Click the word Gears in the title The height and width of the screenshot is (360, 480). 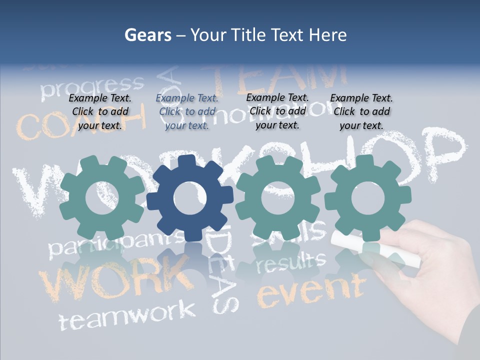point(148,35)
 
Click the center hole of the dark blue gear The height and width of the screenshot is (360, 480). point(189,197)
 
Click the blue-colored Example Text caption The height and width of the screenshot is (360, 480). point(187,112)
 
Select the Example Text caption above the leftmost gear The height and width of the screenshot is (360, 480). point(100,111)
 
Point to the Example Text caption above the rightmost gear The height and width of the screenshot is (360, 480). point(361,111)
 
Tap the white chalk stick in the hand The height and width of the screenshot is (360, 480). point(375,247)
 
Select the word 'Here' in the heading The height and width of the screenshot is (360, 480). point(327,35)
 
